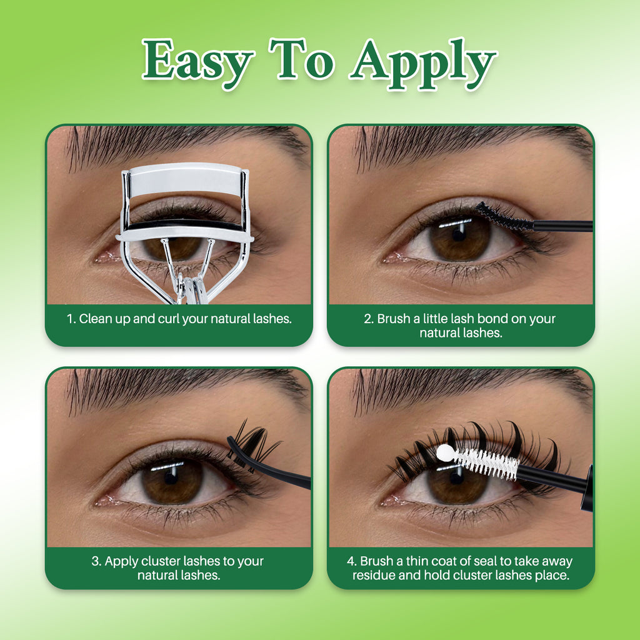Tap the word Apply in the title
point(423,62)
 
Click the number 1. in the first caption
point(71,319)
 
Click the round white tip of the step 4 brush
point(444,452)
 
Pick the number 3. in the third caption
point(96,561)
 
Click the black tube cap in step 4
point(587,487)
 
